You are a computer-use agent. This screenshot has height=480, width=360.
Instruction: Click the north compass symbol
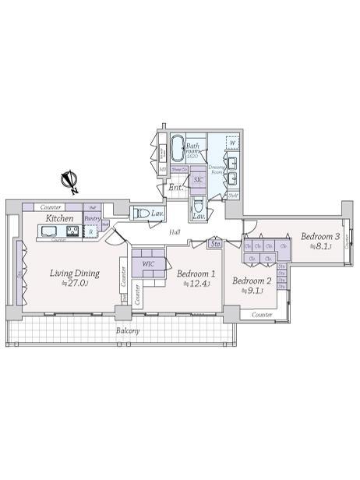coord(70,182)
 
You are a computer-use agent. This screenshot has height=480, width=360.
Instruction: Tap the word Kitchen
coord(60,219)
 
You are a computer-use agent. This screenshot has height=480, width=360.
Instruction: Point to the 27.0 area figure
coord(76,284)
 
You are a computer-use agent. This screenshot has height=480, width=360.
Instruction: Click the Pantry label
coord(92,220)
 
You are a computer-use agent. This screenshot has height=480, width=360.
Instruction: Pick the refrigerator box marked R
coord(91,231)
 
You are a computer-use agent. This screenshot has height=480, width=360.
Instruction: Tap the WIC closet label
coord(148,265)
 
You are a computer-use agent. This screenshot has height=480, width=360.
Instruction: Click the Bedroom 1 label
coord(195,274)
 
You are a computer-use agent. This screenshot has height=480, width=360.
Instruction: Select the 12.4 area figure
coord(192,284)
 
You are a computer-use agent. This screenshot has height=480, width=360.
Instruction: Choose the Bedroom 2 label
coord(252,281)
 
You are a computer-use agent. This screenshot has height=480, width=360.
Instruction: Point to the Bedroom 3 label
coord(320,236)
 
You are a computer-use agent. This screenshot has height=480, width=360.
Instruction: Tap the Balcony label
coord(128,330)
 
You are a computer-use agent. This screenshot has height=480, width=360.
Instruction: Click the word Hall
coord(175,232)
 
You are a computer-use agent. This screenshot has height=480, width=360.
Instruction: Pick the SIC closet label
coord(198,179)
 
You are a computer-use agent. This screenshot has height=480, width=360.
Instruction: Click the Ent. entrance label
coord(176,187)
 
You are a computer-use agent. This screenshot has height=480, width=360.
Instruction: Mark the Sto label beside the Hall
coord(215,245)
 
